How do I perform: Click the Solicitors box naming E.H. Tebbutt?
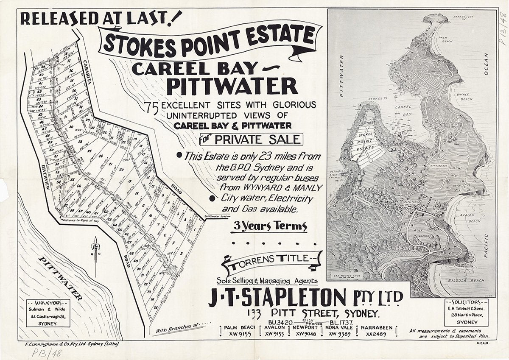(466, 312)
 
